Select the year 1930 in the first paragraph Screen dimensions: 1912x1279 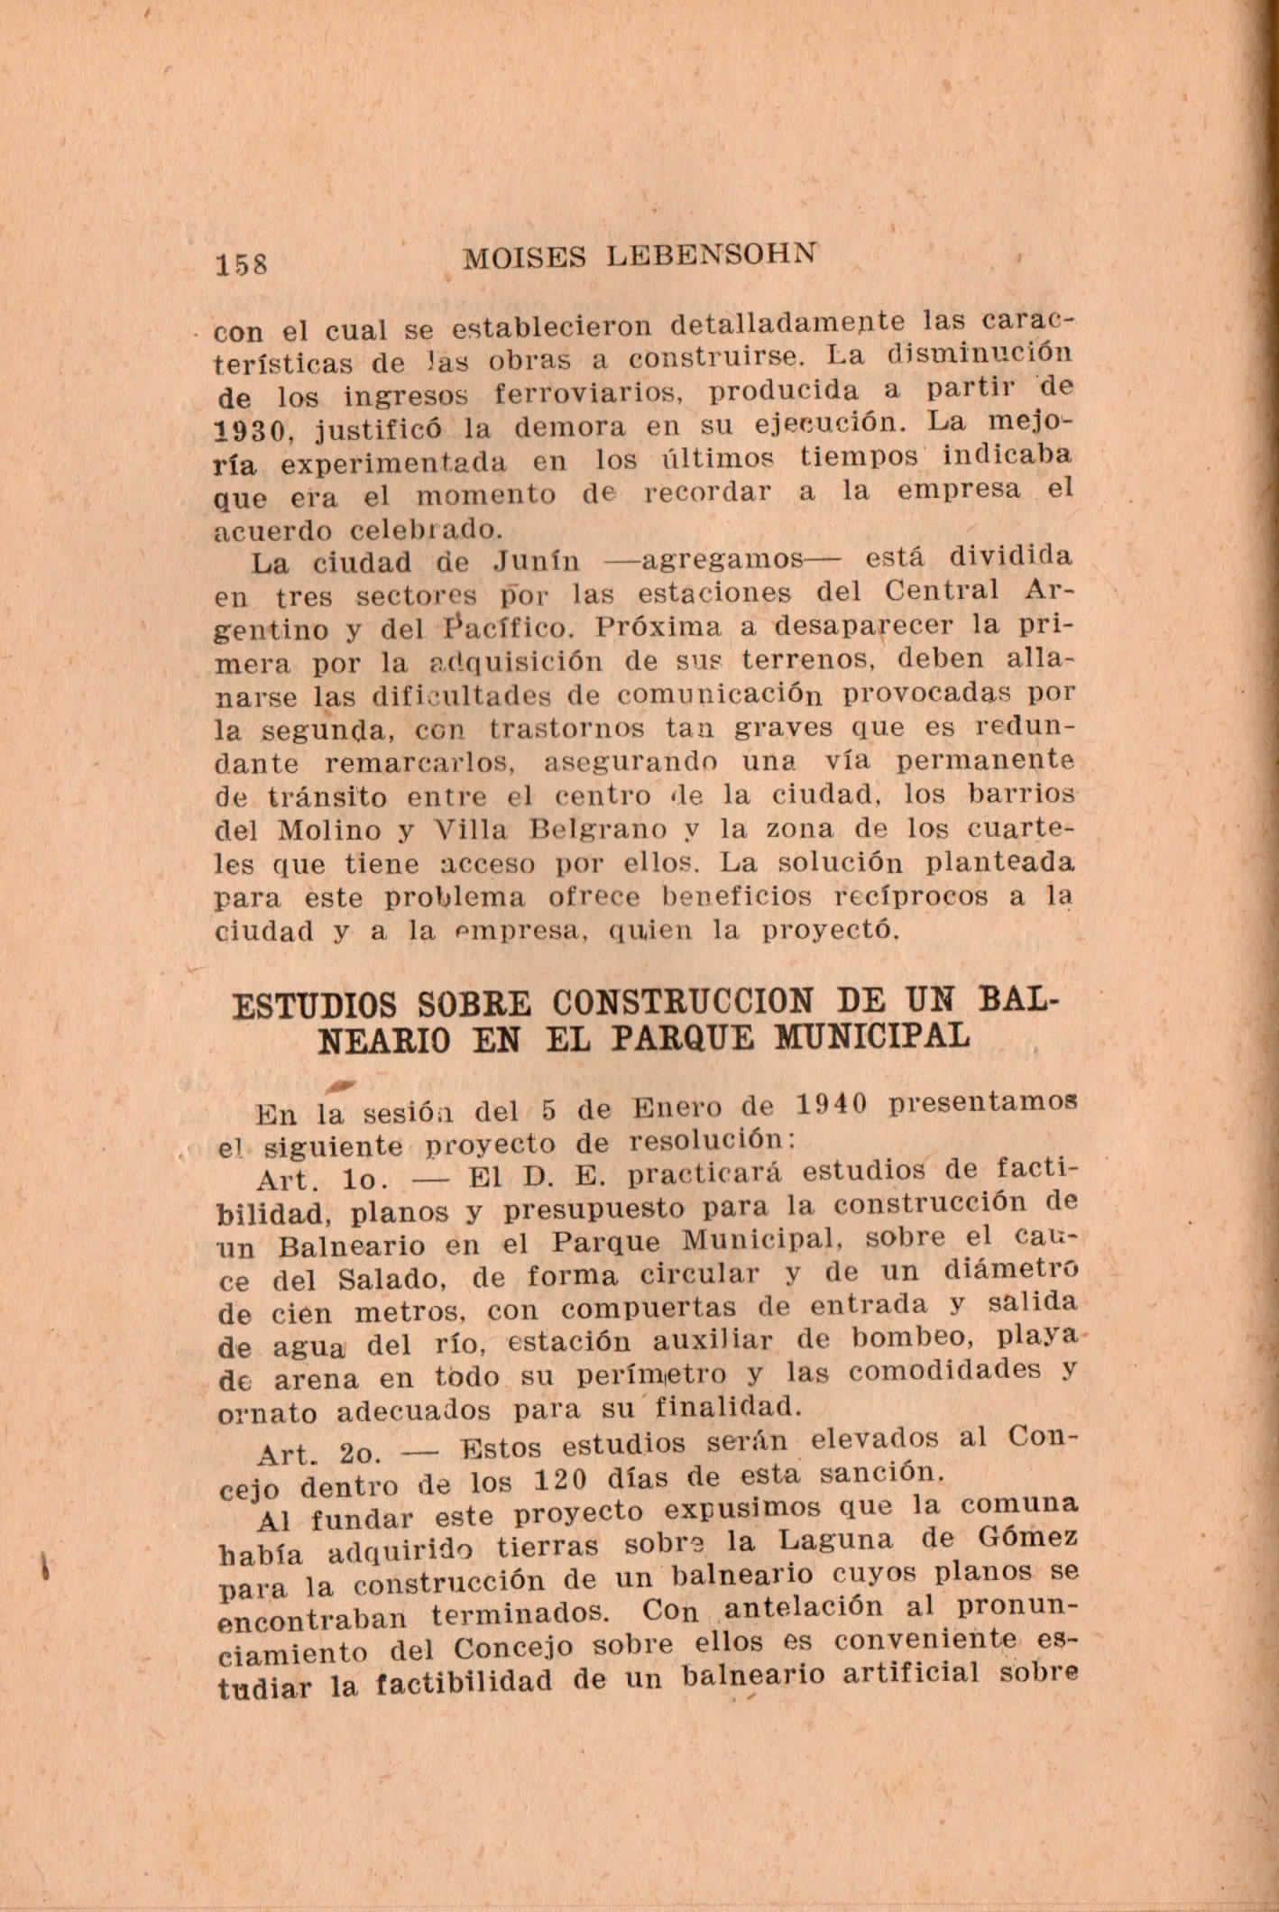pyautogui.click(x=256, y=430)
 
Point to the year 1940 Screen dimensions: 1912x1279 pyautogui.click(x=833, y=1104)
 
